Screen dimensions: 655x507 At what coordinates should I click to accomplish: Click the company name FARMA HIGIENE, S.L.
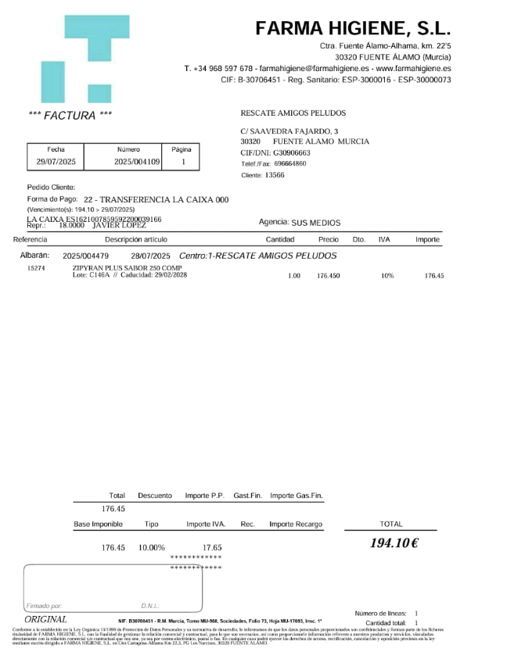click(353, 29)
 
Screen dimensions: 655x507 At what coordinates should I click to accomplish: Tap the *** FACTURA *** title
click(70, 116)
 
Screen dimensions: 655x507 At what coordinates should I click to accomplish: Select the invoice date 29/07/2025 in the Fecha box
click(56, 162)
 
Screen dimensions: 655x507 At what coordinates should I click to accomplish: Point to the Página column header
click(182, 149)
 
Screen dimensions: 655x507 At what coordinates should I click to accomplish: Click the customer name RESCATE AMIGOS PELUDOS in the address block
click(293, 113)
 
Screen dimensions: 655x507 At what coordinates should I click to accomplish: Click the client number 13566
click(275, 175)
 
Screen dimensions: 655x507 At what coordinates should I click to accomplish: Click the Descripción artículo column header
click(135, 239)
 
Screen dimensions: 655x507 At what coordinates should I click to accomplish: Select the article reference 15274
click(36, 268)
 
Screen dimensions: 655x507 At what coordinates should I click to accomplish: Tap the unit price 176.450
click(328, 276)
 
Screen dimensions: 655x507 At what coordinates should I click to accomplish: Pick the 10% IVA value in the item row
click(387, 276)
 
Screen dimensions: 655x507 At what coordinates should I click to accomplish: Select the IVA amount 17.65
click(212, 548)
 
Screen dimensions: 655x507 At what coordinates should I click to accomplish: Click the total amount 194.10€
click(394, 543)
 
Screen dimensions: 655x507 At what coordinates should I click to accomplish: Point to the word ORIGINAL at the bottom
click(45, 619)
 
